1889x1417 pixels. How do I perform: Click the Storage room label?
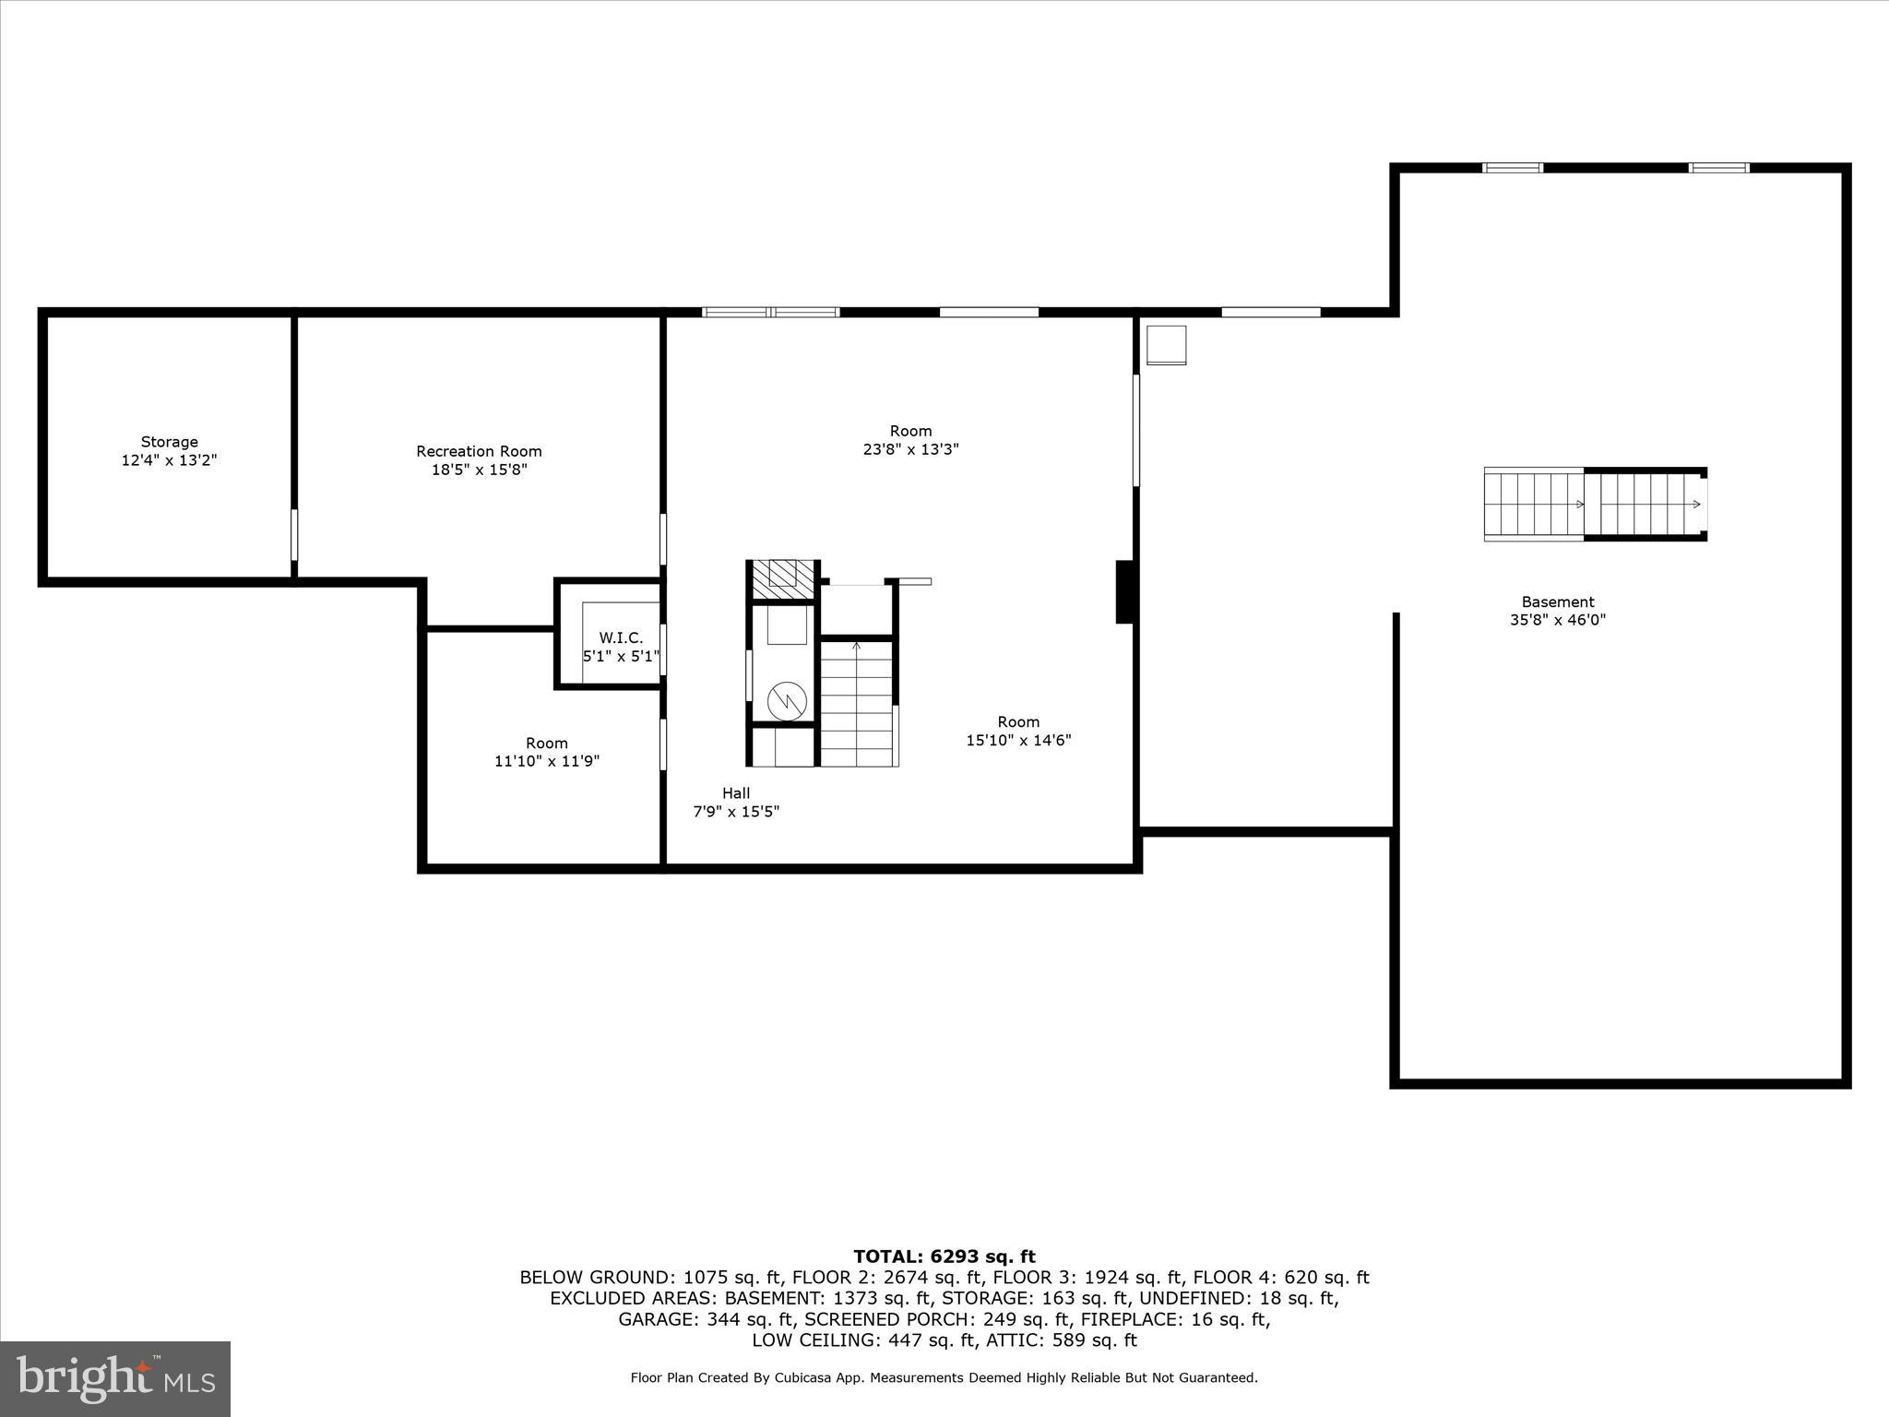(169, 443)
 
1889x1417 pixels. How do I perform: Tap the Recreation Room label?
(479, 452)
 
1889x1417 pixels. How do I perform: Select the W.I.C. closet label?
(621, 638)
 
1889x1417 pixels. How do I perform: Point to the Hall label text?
(736, 793)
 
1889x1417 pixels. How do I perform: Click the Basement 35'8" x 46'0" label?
(1557, 612)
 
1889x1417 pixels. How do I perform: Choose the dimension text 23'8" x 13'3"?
(910, 450)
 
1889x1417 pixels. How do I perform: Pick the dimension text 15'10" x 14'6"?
(1018, 741)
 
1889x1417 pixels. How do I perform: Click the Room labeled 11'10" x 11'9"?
(547, 752)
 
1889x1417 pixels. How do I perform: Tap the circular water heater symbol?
(787, 702)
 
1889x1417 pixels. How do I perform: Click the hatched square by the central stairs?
(782, 578)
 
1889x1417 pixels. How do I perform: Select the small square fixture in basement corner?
(1166, 345)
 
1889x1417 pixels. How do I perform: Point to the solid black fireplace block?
(1124, 591)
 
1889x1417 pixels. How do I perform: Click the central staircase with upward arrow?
(857, 704)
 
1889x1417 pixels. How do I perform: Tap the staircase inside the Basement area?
(1594, 504)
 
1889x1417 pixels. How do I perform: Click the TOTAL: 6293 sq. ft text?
(944, 1256)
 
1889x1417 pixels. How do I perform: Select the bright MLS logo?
(115, 1379)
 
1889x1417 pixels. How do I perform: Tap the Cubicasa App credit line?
(944, 1378)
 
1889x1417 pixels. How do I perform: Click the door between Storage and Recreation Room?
(294, 535)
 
